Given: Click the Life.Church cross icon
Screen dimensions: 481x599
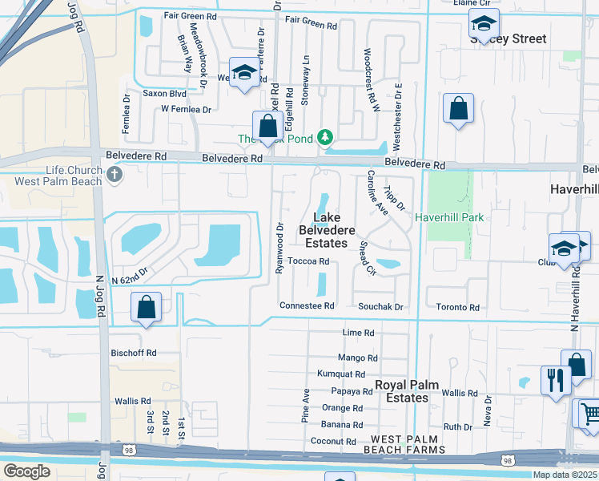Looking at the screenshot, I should click(x=115, y=174).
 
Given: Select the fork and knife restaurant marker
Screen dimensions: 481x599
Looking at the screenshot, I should click(x=553, y=380).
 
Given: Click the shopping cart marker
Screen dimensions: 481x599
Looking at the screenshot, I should click(x=589, y=413).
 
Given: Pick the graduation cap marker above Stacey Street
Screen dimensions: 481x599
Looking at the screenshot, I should click(x=484, y=23).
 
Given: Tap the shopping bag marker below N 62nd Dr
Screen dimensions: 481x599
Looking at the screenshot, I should click(x=147, y=307).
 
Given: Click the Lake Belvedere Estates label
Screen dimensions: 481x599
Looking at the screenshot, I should click(x=327, y=230).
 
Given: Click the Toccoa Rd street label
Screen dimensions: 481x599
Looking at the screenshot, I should click(x=308, y=261).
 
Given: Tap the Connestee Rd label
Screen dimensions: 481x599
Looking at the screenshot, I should click(x=307, y=306).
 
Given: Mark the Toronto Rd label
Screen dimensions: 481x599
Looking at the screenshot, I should click(x=457, y=307).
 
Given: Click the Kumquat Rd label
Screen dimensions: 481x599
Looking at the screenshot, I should click(x=341, y=374).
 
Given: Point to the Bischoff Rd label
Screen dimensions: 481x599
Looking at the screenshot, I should click(x=134, y=353).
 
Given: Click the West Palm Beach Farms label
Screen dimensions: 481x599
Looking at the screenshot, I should click(x=408, y=445).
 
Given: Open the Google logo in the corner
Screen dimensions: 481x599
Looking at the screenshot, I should click(x=26, y=471).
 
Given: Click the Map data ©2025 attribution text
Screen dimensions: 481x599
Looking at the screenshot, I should click(x=564, y=475).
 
